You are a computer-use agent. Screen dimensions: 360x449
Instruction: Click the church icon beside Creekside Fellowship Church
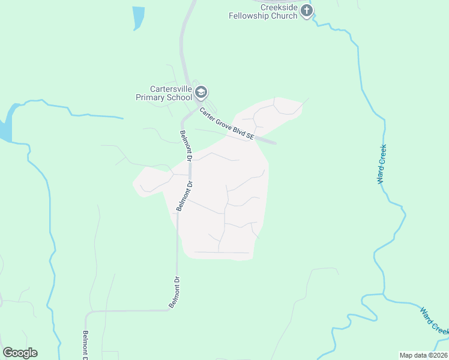pos(307,10)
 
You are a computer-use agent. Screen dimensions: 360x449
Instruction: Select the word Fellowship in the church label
pos(249,16)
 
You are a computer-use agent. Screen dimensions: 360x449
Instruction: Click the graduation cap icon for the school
pos(201,92)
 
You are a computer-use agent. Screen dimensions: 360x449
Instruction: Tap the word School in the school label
pos(180,97)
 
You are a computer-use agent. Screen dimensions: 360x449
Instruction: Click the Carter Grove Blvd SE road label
pos(227,124)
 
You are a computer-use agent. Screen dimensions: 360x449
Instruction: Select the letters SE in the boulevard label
pos(250,137)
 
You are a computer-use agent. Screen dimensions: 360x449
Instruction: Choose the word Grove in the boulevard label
pos(225,123)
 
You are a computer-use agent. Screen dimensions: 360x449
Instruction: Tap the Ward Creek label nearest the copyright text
pos(434,322)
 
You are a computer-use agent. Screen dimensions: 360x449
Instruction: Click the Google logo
pos(20,353)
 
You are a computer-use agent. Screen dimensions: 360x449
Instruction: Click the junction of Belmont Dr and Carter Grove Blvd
pos(189,112)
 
